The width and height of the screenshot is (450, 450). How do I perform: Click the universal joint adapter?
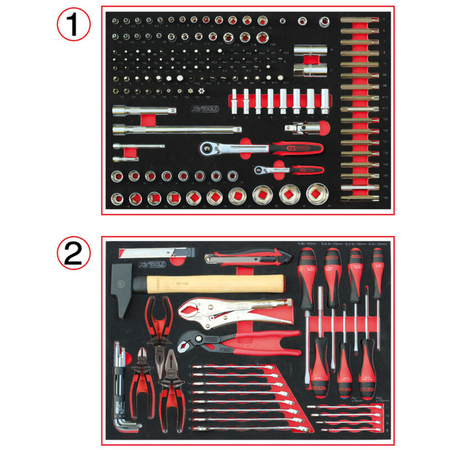click(x=301, y=129)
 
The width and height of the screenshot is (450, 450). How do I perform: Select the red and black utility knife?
click(x=247, y=259)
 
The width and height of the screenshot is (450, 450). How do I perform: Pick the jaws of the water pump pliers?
click(x=192, y=339)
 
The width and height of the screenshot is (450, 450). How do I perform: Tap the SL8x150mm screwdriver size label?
click(x=308, y=243)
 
